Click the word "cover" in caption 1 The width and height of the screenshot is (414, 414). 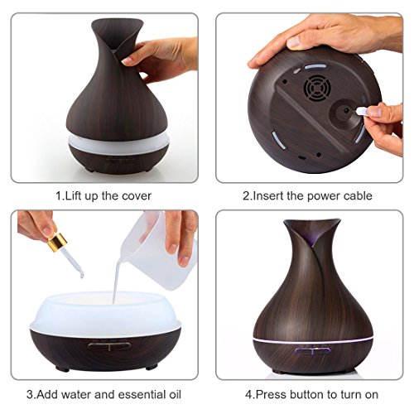(x=137, y=196)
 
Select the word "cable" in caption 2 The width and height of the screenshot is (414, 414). (x=358, y=195)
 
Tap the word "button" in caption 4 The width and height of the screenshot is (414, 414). (x=307, y=395)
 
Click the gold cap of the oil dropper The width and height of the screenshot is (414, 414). (x=57, y=242)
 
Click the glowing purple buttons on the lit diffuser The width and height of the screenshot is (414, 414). (x=312, y=351)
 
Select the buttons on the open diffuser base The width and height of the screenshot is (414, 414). (x=109, y=346)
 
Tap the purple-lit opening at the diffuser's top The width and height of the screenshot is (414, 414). (x=312, y=234)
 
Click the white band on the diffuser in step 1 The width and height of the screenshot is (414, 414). (x=118, y=143)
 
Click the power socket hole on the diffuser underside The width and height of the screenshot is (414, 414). (x=346, y=111)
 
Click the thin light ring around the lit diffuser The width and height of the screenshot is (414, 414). (x=313, y=340)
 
